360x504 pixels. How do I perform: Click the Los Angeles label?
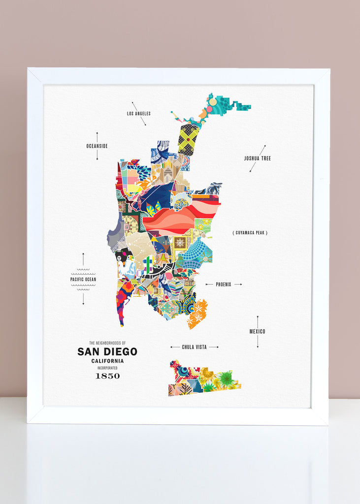[x=138, y=114]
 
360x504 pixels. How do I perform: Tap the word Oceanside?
[x=97, y=146]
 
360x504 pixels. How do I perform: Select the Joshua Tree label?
[x=257, y=158]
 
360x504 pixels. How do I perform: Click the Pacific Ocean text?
[x=83, y=280]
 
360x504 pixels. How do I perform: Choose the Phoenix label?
[x=223, y=284]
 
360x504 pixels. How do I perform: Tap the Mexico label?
[x=257, y=332]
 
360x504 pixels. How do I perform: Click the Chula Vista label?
[x=194, y=347]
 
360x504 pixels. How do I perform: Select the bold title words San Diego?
[x=107, y=352]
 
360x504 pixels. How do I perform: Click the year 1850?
[x=107, y=376]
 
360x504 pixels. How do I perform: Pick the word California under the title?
[x=107, y=361]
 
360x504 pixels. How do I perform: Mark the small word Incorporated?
[x=107, y=368]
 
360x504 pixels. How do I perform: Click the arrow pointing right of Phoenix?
[x=238, y=284]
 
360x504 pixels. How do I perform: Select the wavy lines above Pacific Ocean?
[x=83, y=272]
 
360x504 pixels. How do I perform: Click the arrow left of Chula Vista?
[x=174, y=347]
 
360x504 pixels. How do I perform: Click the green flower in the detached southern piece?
[x=226, y=378]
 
